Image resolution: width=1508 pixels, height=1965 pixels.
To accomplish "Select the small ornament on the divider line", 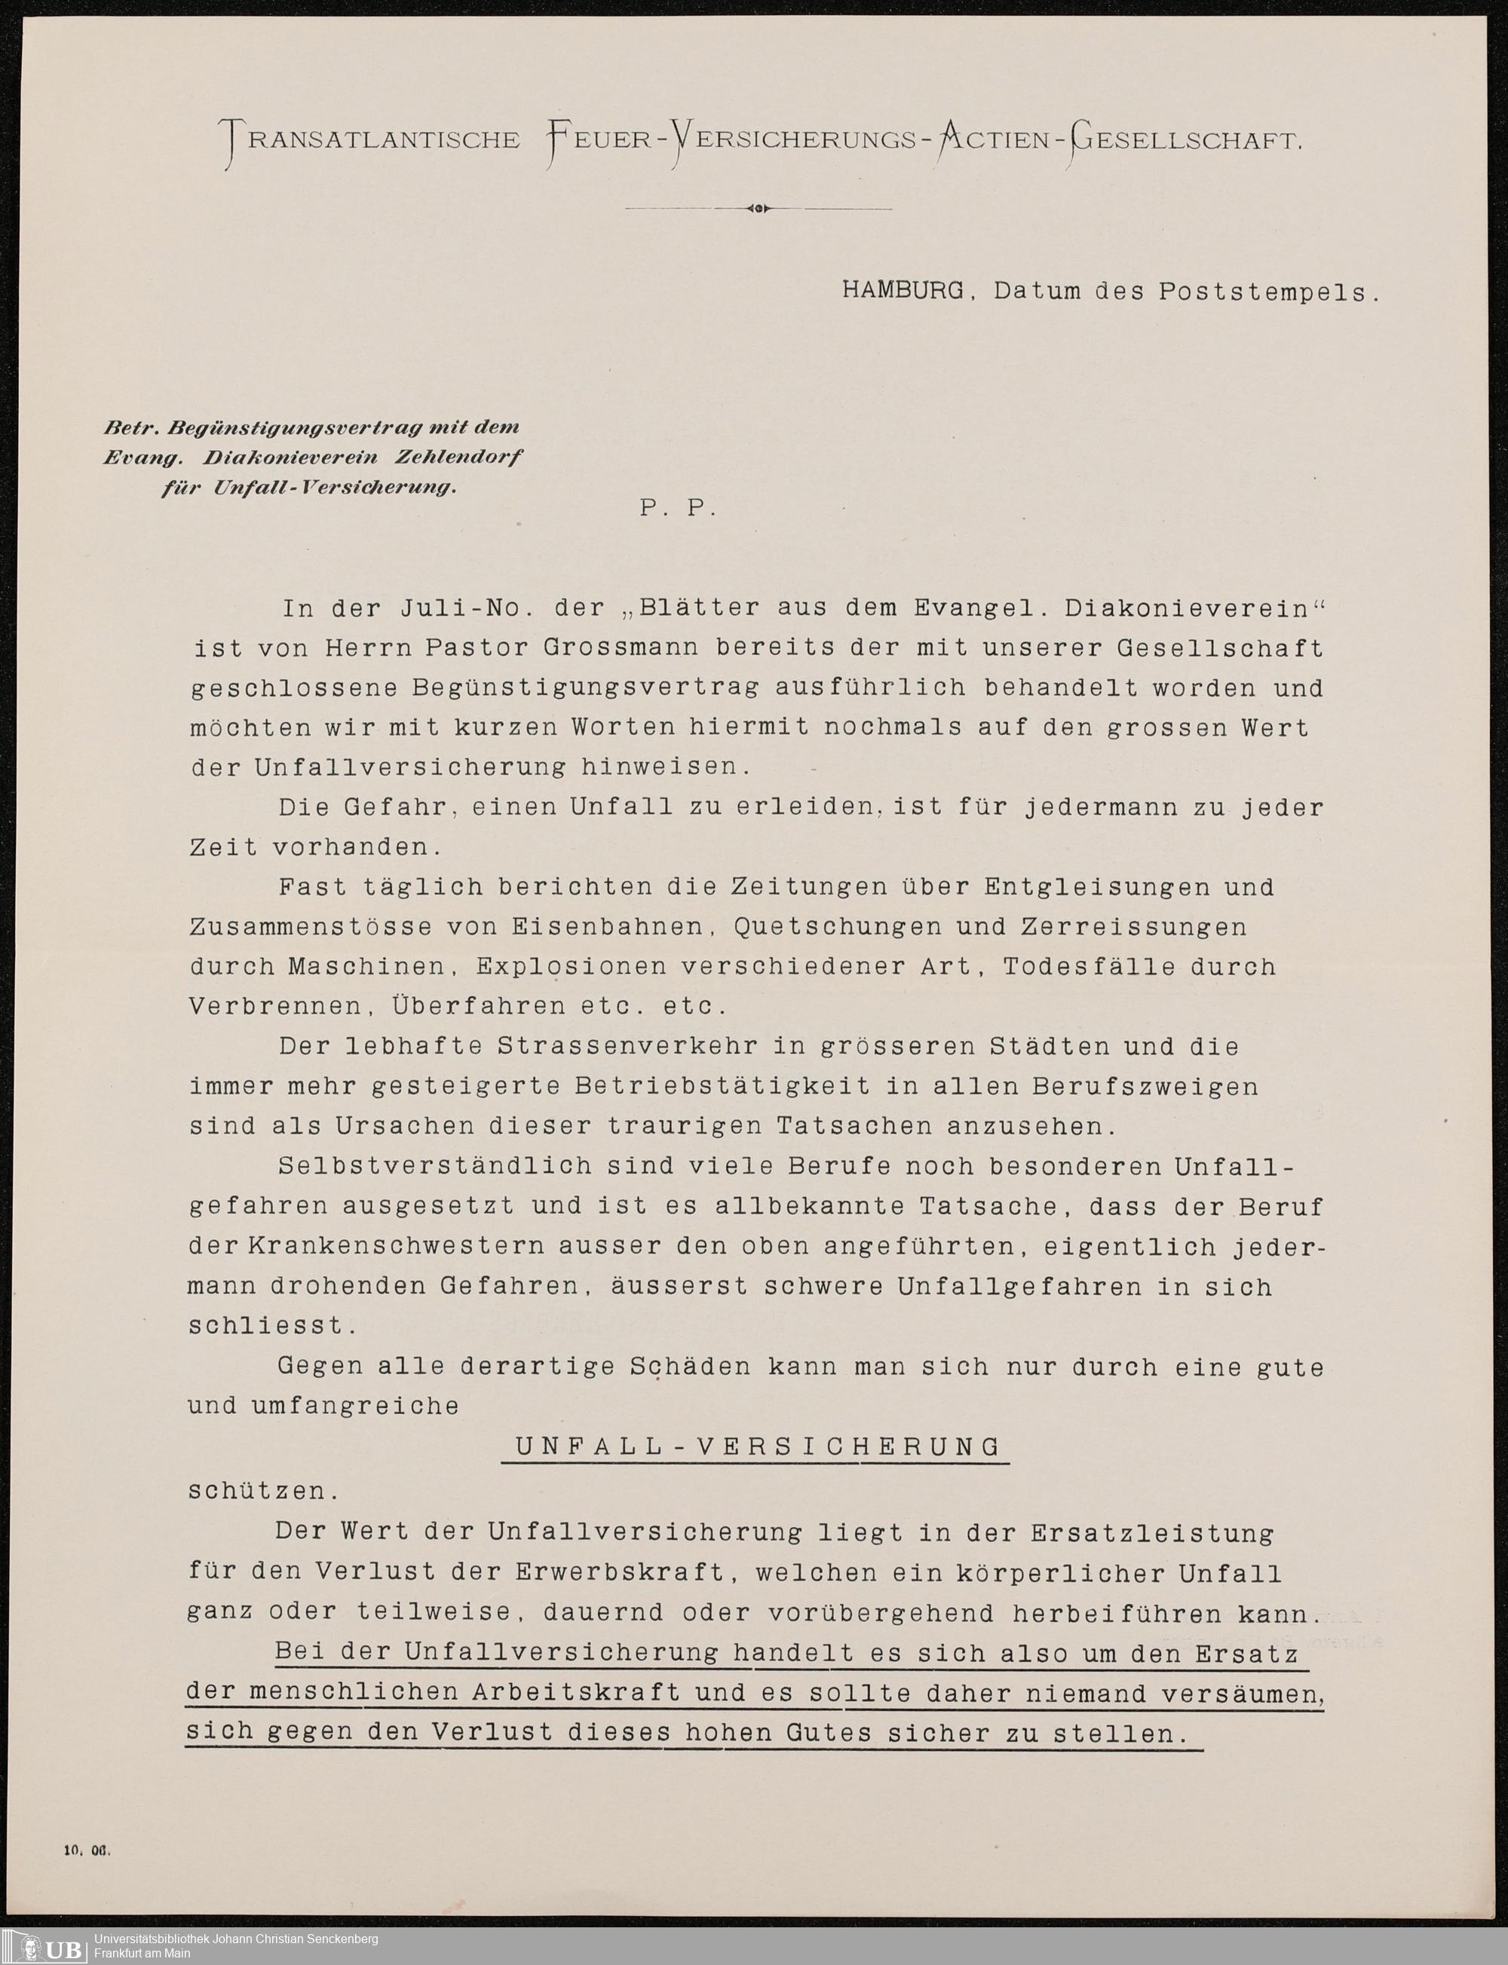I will pyautogui.click(x=759, y=209).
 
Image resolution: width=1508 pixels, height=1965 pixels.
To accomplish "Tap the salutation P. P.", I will pyautogui.click(x=678, y=509).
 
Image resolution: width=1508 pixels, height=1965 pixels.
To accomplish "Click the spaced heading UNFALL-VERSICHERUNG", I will pyautogui.click(x=757, y=1446).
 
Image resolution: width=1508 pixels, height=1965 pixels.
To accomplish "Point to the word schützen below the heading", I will pyautogui.click(x=259, y=1490).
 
